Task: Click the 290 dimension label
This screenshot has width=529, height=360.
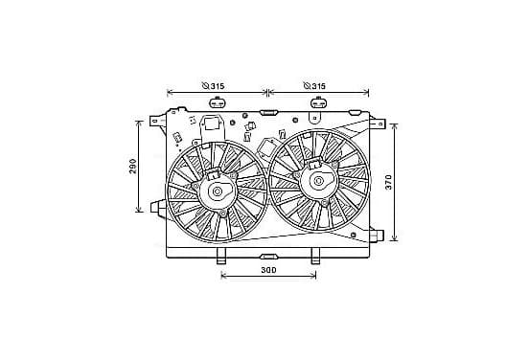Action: [133, 167]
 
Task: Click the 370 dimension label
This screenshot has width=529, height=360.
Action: [389, 182]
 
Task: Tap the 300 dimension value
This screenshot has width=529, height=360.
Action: [268, 270]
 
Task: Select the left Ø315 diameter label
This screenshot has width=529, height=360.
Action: [213, 85]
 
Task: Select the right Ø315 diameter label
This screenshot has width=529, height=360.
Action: [314, 85]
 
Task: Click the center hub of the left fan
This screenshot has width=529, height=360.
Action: [218, 191]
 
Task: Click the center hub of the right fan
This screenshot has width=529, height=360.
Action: [318, 181]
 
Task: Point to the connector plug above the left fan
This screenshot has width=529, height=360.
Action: [218, 102]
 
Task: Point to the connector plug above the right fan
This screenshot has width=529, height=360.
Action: [318, 102]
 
